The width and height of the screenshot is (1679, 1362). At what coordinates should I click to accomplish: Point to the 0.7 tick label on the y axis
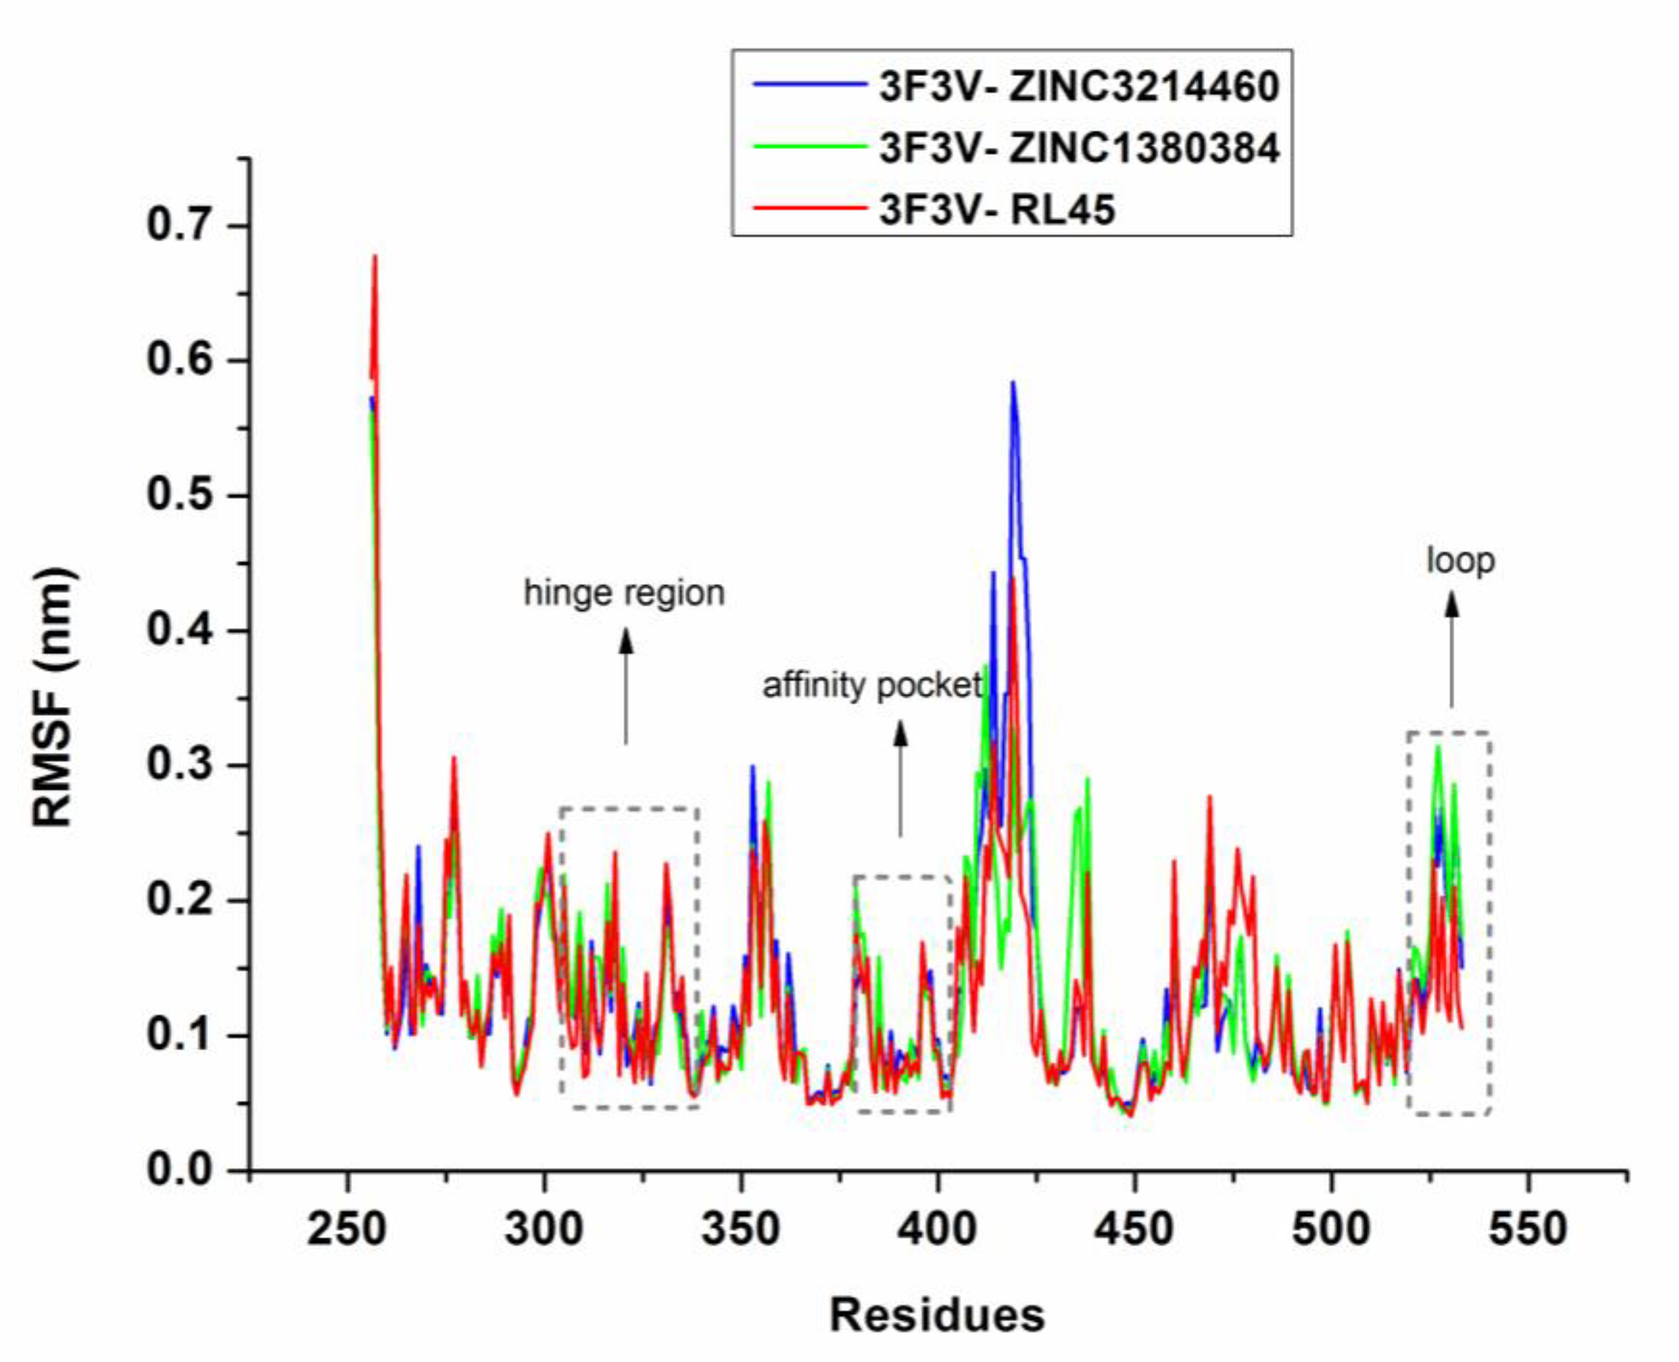coord(180,225)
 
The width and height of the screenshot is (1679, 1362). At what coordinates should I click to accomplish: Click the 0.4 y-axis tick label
coord(180,630)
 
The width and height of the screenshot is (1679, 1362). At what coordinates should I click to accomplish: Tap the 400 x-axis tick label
coord(938,1229)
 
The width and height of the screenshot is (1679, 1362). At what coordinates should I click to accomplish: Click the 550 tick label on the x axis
coord(1529,1229)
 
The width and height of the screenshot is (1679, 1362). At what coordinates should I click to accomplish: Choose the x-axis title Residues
coord(937,1315)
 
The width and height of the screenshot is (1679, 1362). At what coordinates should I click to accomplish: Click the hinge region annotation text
coord(625,593)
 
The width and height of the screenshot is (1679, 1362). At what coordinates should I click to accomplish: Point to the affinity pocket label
coord(872,686)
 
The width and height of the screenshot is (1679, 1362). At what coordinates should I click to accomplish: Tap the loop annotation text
coord(1460,561)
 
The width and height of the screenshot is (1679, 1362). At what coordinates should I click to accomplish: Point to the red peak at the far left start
coord(375,257)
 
